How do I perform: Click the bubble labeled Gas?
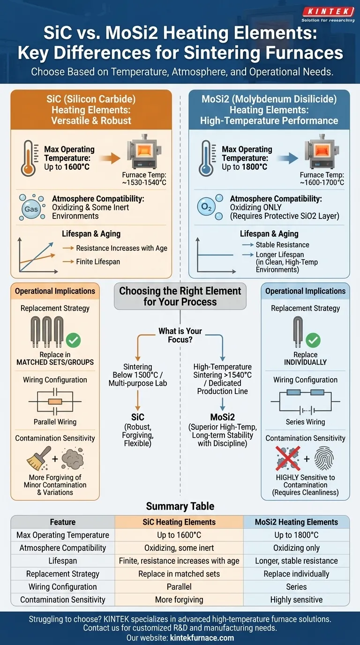[31, 209]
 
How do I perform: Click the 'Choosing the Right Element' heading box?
[180, 296]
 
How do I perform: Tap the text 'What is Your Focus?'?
[180, 335]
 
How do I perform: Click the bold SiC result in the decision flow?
[138, 417]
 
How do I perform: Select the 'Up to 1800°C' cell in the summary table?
[296, 535]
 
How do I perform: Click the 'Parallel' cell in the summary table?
[179, 586]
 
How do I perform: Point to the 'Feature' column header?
[63, 522]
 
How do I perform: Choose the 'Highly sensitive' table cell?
[296, 600]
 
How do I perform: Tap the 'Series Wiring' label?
[305, 422]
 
